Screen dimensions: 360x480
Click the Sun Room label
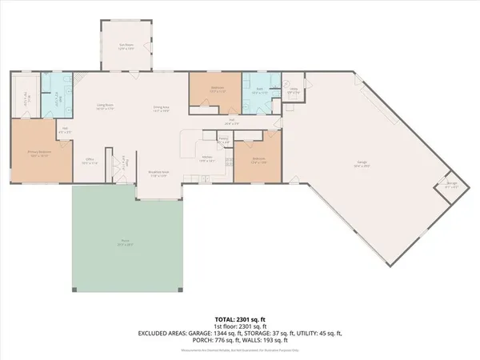(122, 47)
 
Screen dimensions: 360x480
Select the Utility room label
(293, 90)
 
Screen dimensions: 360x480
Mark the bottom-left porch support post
(75, 289)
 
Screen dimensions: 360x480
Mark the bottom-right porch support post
(182, 289)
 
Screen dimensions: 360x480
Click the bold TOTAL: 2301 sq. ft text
(239, 318)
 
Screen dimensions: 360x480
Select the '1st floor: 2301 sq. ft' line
(239, 326)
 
